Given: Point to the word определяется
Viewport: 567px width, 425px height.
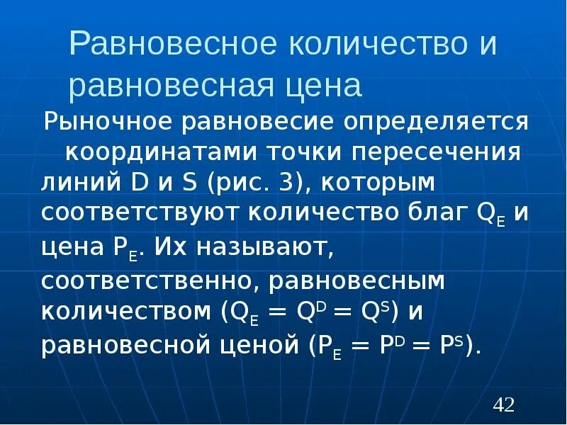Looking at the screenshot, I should (437, 120).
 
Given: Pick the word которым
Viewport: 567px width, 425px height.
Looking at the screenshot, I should (378, 183).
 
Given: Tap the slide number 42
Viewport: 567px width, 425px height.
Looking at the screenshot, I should (503, 405).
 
